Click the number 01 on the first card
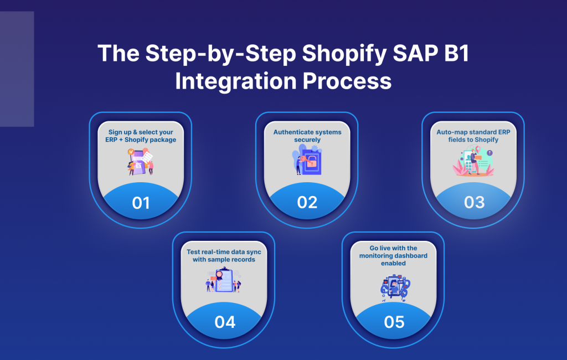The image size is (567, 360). [x=141, y=203]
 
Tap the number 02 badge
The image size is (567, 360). [x=307, y=203]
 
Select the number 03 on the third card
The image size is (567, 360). [x=474, y=203]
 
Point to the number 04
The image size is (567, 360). [x=225, y=322]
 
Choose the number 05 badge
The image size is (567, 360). [x=394, y=322]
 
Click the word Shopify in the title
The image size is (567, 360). [x=344, y=54]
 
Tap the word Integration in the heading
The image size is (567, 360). [x=236, y=81]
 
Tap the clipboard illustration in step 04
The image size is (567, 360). [x=224, y=280]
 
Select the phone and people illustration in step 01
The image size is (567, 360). [x=141, y=161]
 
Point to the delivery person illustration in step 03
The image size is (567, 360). [x=473, y=161]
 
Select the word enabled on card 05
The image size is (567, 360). [x=394, y=264]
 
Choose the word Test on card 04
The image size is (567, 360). [x=193, y=252]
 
